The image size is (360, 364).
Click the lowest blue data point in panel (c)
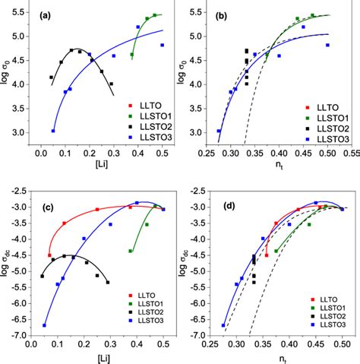coord(44,325)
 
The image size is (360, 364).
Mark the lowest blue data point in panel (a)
coord(53,131)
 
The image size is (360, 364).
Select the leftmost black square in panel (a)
coord(51,78)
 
